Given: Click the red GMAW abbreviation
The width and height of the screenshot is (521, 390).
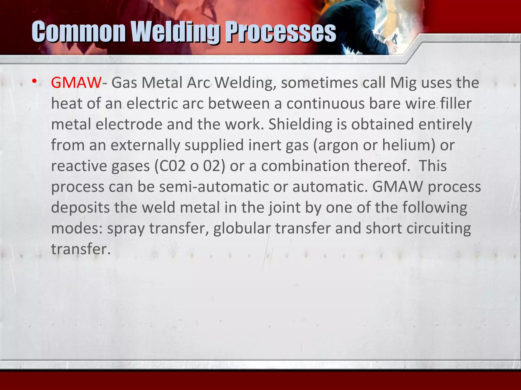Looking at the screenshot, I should click(x=76, y=83).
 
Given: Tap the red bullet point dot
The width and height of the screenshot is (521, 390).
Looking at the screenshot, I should click(x=34, y=82).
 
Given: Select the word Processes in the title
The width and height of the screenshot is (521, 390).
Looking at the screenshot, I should click(x=281, y=32).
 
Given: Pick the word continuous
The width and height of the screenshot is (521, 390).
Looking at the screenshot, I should click(x=325, y=104).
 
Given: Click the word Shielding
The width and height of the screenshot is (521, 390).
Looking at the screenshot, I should click(x=300, y=124).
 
